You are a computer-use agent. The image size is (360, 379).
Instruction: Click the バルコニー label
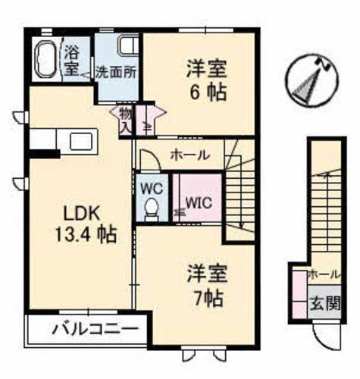pyautogui.click(x=95, y=330)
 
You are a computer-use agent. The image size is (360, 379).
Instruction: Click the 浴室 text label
pyautogui.click(x=72, y=61)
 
